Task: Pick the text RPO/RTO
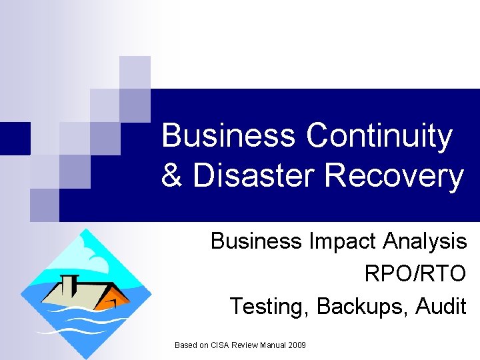point(415,273)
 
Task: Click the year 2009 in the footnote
point(297,345)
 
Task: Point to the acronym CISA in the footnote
point(221,345)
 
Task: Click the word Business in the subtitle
point(255,241)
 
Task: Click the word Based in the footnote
point(185,345)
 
